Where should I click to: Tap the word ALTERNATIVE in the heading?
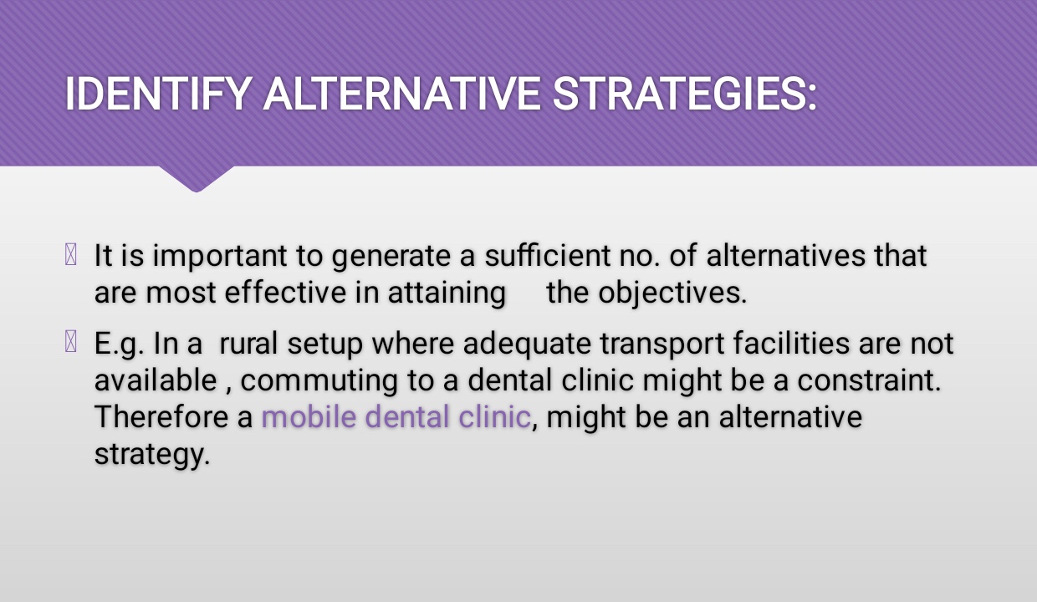(x=401, y=94)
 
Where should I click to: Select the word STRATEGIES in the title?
(x=679, y=94)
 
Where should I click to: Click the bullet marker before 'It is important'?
(x=71, y=254)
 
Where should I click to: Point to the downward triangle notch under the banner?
(x=197, y=179)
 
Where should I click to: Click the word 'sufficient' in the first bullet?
(x=547, y=255)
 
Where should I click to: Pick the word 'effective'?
(x=285, y=293)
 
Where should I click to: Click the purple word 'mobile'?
(x=309, y=416)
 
